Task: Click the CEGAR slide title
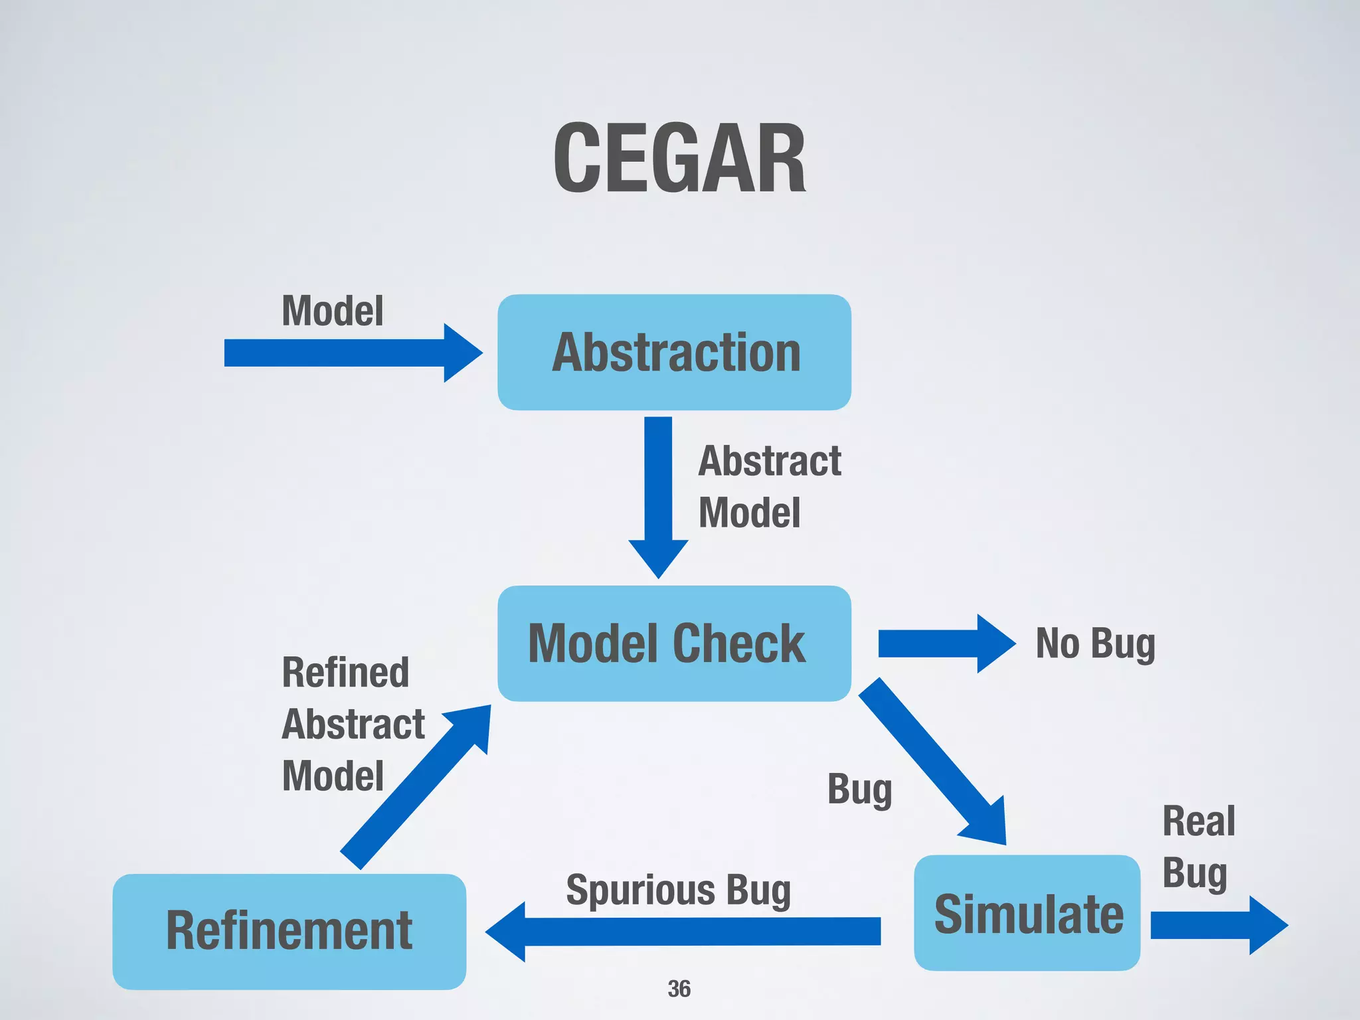679,159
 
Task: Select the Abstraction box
674,352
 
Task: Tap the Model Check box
674,643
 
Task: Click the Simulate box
1027,913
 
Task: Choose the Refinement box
290,931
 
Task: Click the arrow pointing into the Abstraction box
352,353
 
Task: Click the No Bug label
1095,643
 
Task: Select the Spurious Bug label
678,891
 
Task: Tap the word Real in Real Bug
1199,821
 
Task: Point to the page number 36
679,989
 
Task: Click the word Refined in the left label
345,672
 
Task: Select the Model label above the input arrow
333,311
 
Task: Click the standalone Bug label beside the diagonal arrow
859,790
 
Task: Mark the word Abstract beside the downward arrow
770,461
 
